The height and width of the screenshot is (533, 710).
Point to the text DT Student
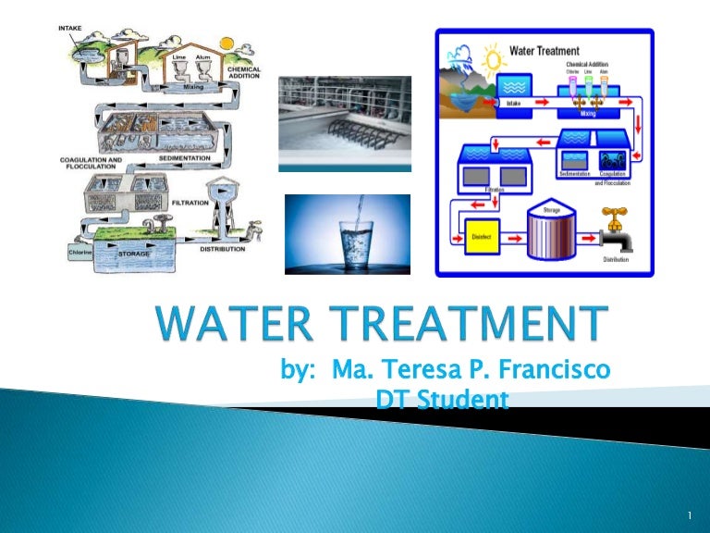point(431,400)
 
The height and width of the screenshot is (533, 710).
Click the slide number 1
point(691,514)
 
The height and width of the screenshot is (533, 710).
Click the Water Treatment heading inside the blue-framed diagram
point(545,50)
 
